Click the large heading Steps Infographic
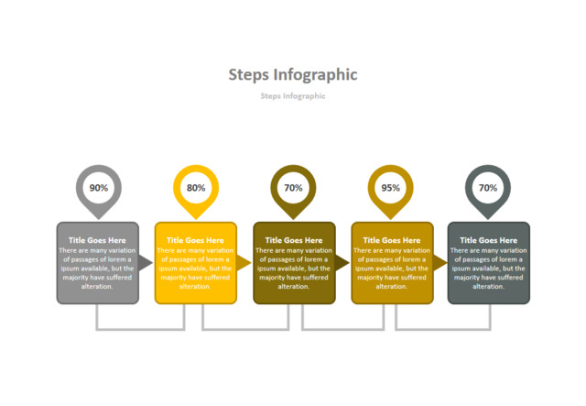(x=293, y=75)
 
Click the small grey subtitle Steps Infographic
(x=293, y=96)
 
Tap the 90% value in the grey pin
(x=98, y=188)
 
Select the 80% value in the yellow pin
(x=196, y=188)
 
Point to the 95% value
(x=391, y=188)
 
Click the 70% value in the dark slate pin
(x=488, y=188)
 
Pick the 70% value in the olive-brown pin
(x=293, y=188)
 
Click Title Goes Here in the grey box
(x=98, y=240)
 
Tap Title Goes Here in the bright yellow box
(x=196, y=240)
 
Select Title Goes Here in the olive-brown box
(x=294, y=240)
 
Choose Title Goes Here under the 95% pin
(x=392, y=240)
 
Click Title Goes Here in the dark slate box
(x=489, y=240)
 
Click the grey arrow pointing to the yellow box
(x=146, y=263)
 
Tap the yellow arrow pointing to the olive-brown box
(x=244, y=263)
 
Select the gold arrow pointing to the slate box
(x=439, y=263)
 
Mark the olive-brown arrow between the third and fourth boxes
(x=342, y=263)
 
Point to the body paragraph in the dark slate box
(x=489, y=269)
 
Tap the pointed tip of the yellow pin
(x=196, y=217)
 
